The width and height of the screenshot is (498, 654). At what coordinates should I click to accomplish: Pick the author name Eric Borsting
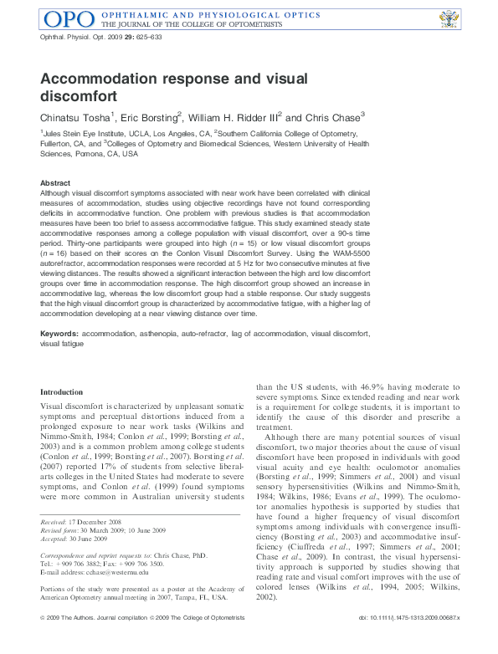click(x=149, y=118)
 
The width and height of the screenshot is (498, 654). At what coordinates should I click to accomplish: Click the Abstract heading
click(x=55, y=182)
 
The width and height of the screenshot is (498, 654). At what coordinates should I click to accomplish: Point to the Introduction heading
click(x=62, y=391)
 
